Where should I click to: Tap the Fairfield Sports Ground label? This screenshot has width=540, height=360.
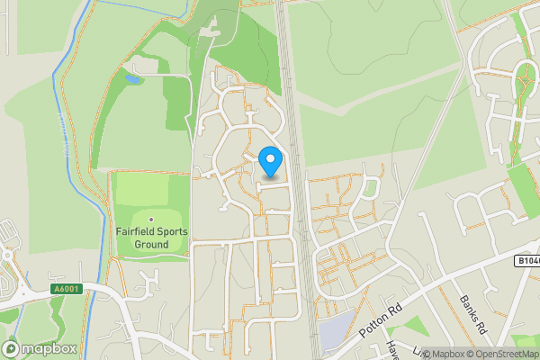pyautogui.click(x=151, y=238)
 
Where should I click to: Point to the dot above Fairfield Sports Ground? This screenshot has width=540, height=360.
pyautogui.click(x=151, y=219)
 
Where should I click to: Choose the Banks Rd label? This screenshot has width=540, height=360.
pyautogui.click(x=472, y=316)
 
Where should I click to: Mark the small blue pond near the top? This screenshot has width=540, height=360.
pyautogui.click(x=133, y=80)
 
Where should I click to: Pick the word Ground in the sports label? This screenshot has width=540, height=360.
pyautogui.click(x=151, y=244)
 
